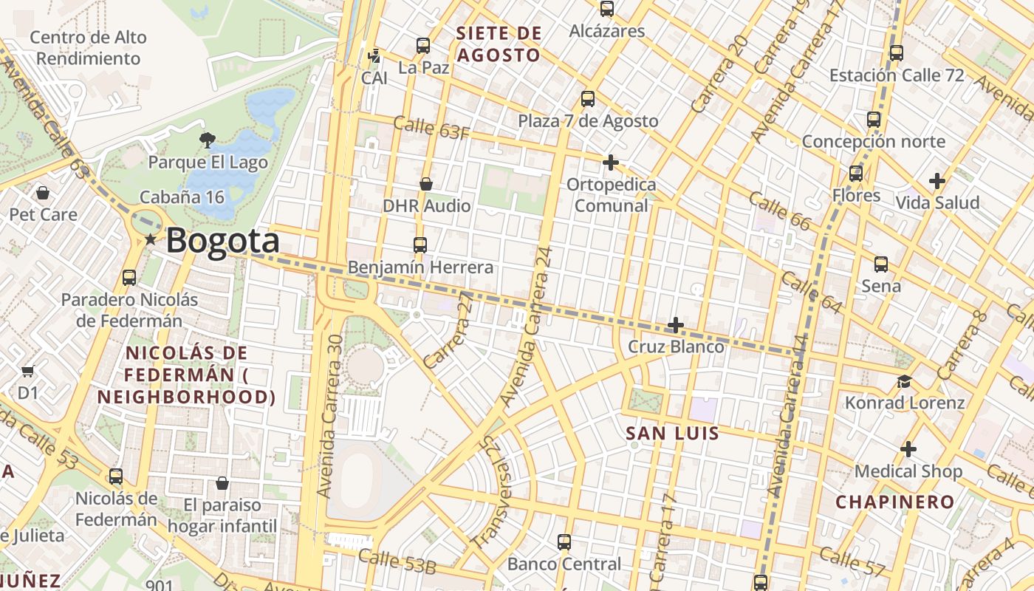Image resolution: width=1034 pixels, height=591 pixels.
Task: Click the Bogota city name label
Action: click(222, 241)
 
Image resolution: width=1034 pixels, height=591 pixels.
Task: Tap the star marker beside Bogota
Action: click(151, 239)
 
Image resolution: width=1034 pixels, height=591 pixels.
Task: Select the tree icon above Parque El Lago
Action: click(208, 139)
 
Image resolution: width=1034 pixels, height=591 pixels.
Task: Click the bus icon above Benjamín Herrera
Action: click(420, 245)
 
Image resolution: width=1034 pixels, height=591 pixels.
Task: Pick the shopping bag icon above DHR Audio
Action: click(426, 183)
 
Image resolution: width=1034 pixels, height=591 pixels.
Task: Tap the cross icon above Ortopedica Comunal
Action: click(611, 162)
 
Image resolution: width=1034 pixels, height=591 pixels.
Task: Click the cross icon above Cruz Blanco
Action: click(675, 324)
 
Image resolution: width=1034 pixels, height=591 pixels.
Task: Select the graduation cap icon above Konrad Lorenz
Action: click(904, 381)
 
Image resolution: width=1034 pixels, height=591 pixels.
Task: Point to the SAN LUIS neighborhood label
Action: click(672, 434)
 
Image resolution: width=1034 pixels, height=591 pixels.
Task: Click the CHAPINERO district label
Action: click(894, 502)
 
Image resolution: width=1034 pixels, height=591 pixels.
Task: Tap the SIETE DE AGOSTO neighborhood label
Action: click(499, 44)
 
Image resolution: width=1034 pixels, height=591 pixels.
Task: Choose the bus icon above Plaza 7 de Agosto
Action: click(588, 98)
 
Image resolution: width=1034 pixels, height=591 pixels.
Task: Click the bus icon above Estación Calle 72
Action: click(896, 53)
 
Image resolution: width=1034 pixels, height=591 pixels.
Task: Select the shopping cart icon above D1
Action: click(28, 371)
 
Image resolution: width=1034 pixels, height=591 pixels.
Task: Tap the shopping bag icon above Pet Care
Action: click(43, 193)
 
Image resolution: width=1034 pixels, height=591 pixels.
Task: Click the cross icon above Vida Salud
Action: click(937, 180)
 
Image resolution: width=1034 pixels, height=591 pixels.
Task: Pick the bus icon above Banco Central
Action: click(564, 542)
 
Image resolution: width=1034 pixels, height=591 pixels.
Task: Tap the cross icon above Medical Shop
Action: click(908, 449)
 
